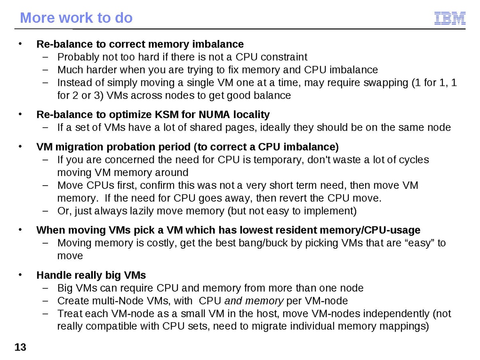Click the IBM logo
(x=450, y=19)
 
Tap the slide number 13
(x=20, y=347)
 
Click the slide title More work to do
(x=76, y=18)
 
